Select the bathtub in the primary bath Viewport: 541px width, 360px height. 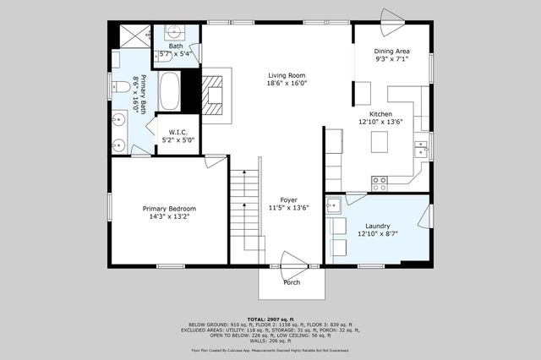[169, 90]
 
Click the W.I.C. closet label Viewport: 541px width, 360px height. [178, 132]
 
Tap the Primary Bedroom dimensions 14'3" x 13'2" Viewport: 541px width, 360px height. [169, 216]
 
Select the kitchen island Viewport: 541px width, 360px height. [380, 144]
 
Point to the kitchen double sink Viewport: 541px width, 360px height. [420, 150]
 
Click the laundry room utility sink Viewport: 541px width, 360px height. [334, 205]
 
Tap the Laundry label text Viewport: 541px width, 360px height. [377, 226]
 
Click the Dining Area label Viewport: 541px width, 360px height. [391, 52]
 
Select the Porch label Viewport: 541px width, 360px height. [292, 282]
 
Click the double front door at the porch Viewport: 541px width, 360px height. [292, 262]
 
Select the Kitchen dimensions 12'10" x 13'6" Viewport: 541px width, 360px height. [380, 122]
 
